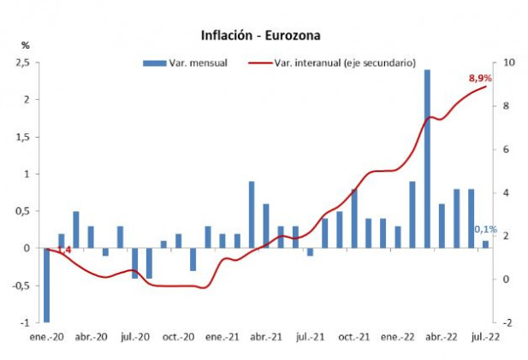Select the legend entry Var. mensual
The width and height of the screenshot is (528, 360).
coord(185,62)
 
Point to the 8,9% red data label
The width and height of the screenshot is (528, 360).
coord(479,80)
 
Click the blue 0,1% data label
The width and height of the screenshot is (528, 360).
coord(485,229)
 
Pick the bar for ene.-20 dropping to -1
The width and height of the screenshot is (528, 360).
coord(46,285)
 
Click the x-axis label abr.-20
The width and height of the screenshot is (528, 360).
coord(90,338)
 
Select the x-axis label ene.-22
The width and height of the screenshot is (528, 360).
coord(398,338)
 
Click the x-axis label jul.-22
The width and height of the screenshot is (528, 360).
coord(486,338)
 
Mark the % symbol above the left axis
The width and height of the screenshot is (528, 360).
coord(26,44)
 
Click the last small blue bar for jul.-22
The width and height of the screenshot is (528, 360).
coord(486,245)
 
